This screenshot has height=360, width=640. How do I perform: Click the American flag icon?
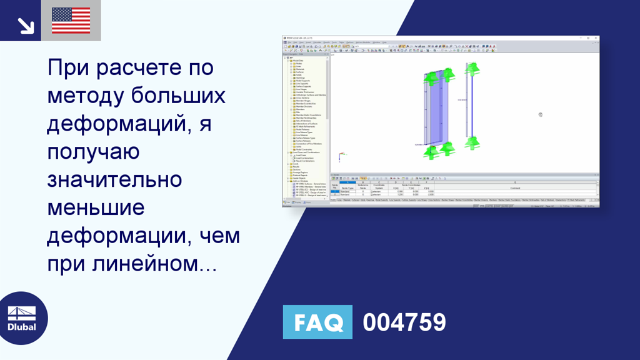point(71,21)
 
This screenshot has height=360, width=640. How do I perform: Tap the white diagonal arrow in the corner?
point(26,25)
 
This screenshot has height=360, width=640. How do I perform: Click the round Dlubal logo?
point(22,319)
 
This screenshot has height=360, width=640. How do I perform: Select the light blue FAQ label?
point(317,322)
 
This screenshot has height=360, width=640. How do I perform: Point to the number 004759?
point(404,322)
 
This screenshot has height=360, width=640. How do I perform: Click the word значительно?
point(114,180)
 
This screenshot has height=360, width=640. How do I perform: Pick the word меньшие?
point(96,208)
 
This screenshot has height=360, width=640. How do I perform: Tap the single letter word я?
point(206,123)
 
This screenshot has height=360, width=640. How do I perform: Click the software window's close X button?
point(596,38)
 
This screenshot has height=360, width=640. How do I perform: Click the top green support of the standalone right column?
point(472,68)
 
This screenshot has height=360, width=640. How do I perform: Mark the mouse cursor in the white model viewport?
point(541,114)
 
